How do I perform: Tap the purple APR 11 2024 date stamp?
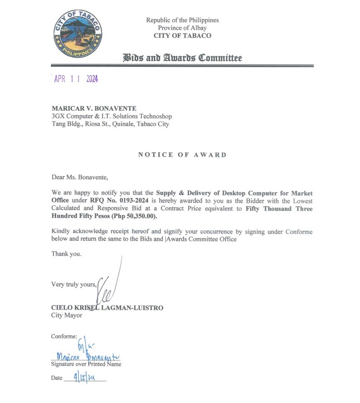click(76, 79)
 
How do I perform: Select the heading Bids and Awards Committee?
click(182, 58)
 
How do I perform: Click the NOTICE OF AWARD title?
click(182, 155)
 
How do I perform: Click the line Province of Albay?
click(182, 28)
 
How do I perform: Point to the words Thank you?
click(67, 254)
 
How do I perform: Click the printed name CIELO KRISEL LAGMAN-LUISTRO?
click(107, 308)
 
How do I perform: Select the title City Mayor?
click(67, 315)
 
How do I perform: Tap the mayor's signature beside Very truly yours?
click(110, 286)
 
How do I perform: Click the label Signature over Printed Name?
click(86, 364)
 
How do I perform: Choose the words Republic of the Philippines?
click(182, 20)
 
